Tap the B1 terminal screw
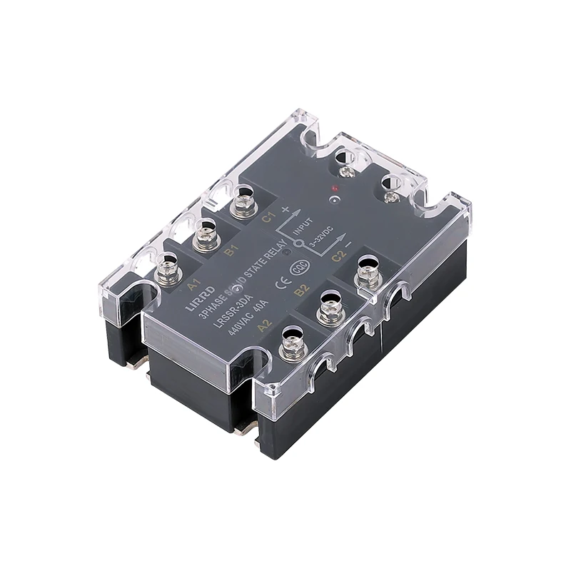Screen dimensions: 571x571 [x=206, y=236]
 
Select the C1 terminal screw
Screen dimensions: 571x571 [x=243, y=201]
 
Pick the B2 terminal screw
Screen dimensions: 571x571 [x=330, y=308]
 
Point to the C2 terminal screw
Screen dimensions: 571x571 [x=368, y=272]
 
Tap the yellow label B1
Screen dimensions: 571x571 [x=230, y=251]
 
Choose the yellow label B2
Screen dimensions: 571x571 [x=301, y=289]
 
